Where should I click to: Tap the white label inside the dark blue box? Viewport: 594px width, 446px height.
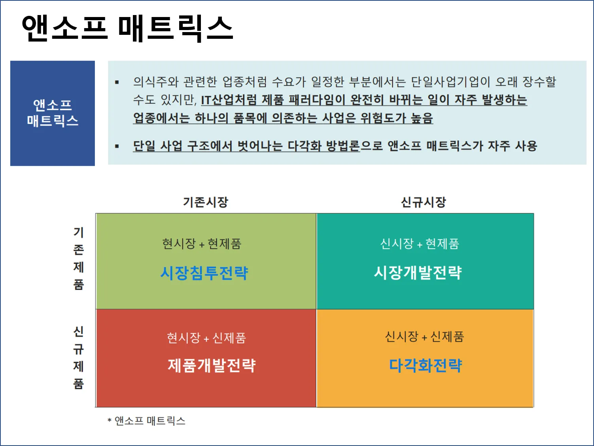(x=53, y=113)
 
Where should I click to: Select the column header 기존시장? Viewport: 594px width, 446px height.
(x=206, y=202)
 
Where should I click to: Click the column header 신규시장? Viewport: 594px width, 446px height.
(x=424, y=202)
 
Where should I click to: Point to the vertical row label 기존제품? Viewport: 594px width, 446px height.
(x=79, y=258)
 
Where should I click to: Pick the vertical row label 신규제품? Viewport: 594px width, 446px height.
(x=79, y=357)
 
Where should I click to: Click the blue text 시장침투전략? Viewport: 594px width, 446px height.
(x=204, y=273)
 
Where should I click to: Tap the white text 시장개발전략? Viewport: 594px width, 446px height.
(x=418, y=272)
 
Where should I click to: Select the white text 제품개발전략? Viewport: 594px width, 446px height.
(x=212, y=365)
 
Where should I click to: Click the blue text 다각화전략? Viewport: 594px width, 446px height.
(x=426, y=365)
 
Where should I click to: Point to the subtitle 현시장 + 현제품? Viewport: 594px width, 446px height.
(x=202, y=244)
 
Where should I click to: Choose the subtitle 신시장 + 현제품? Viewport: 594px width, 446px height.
(x=420, y=244)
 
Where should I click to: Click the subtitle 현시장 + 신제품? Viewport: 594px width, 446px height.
(x=206, y=338)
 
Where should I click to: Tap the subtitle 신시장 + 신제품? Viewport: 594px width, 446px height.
(x=424, y=337)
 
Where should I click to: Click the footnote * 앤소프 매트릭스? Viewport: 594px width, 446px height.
(x=146, y=421)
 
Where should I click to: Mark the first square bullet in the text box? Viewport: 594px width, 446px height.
(x=117, y=82)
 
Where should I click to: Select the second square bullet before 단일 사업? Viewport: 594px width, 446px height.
(x=117, y=146)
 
